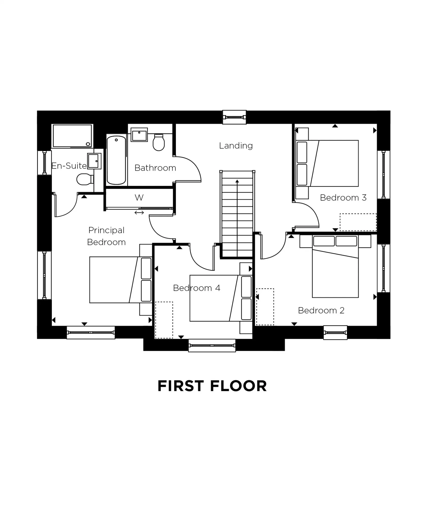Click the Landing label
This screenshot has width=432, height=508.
coord(236,146)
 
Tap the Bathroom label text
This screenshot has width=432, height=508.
coord(155,168)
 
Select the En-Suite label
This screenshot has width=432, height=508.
coord(69,166)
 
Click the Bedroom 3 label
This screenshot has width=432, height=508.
coord(343,198)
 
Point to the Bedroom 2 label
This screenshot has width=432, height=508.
coord(321,310)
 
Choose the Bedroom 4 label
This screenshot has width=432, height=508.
coord(196,288)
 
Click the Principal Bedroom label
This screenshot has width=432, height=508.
coord(106,236)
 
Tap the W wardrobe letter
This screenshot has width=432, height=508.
coord(139,198)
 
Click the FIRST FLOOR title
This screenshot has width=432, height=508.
coord(212,386)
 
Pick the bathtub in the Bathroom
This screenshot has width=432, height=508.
coord(116,160)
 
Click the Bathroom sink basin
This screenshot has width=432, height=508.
coord(139,135)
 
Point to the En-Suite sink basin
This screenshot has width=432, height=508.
coord(94,161)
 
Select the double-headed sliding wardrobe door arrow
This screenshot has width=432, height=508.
coord(139,213)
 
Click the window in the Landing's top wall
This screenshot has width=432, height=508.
coord(234,117)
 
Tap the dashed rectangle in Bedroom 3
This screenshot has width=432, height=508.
coord(358,222)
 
